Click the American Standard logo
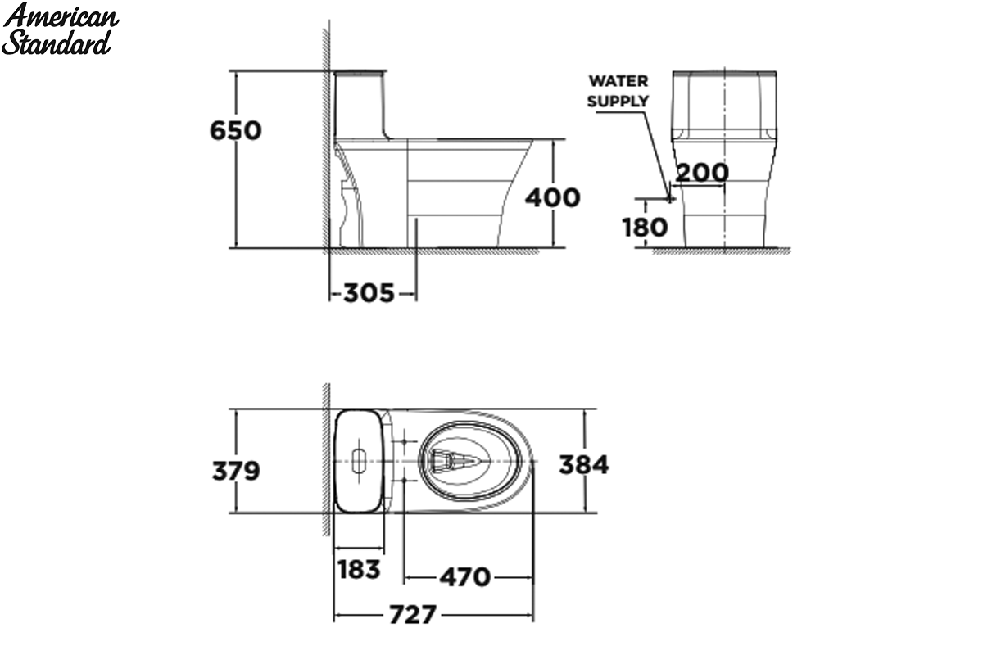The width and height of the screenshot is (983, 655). (60, 29)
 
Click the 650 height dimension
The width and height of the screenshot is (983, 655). (236, 130)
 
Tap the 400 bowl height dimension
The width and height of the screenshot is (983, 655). (553, 197)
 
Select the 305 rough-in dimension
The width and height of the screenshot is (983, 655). (369, 293)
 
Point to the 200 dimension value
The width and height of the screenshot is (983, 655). (702, 173)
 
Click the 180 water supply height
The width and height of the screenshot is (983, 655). (646, 228)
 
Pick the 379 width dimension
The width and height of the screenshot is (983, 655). (236, 471)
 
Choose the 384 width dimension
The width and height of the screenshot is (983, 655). (584, 464)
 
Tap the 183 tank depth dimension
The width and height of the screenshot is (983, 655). (359, 570)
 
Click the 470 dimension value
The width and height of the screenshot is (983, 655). (465, 577)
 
